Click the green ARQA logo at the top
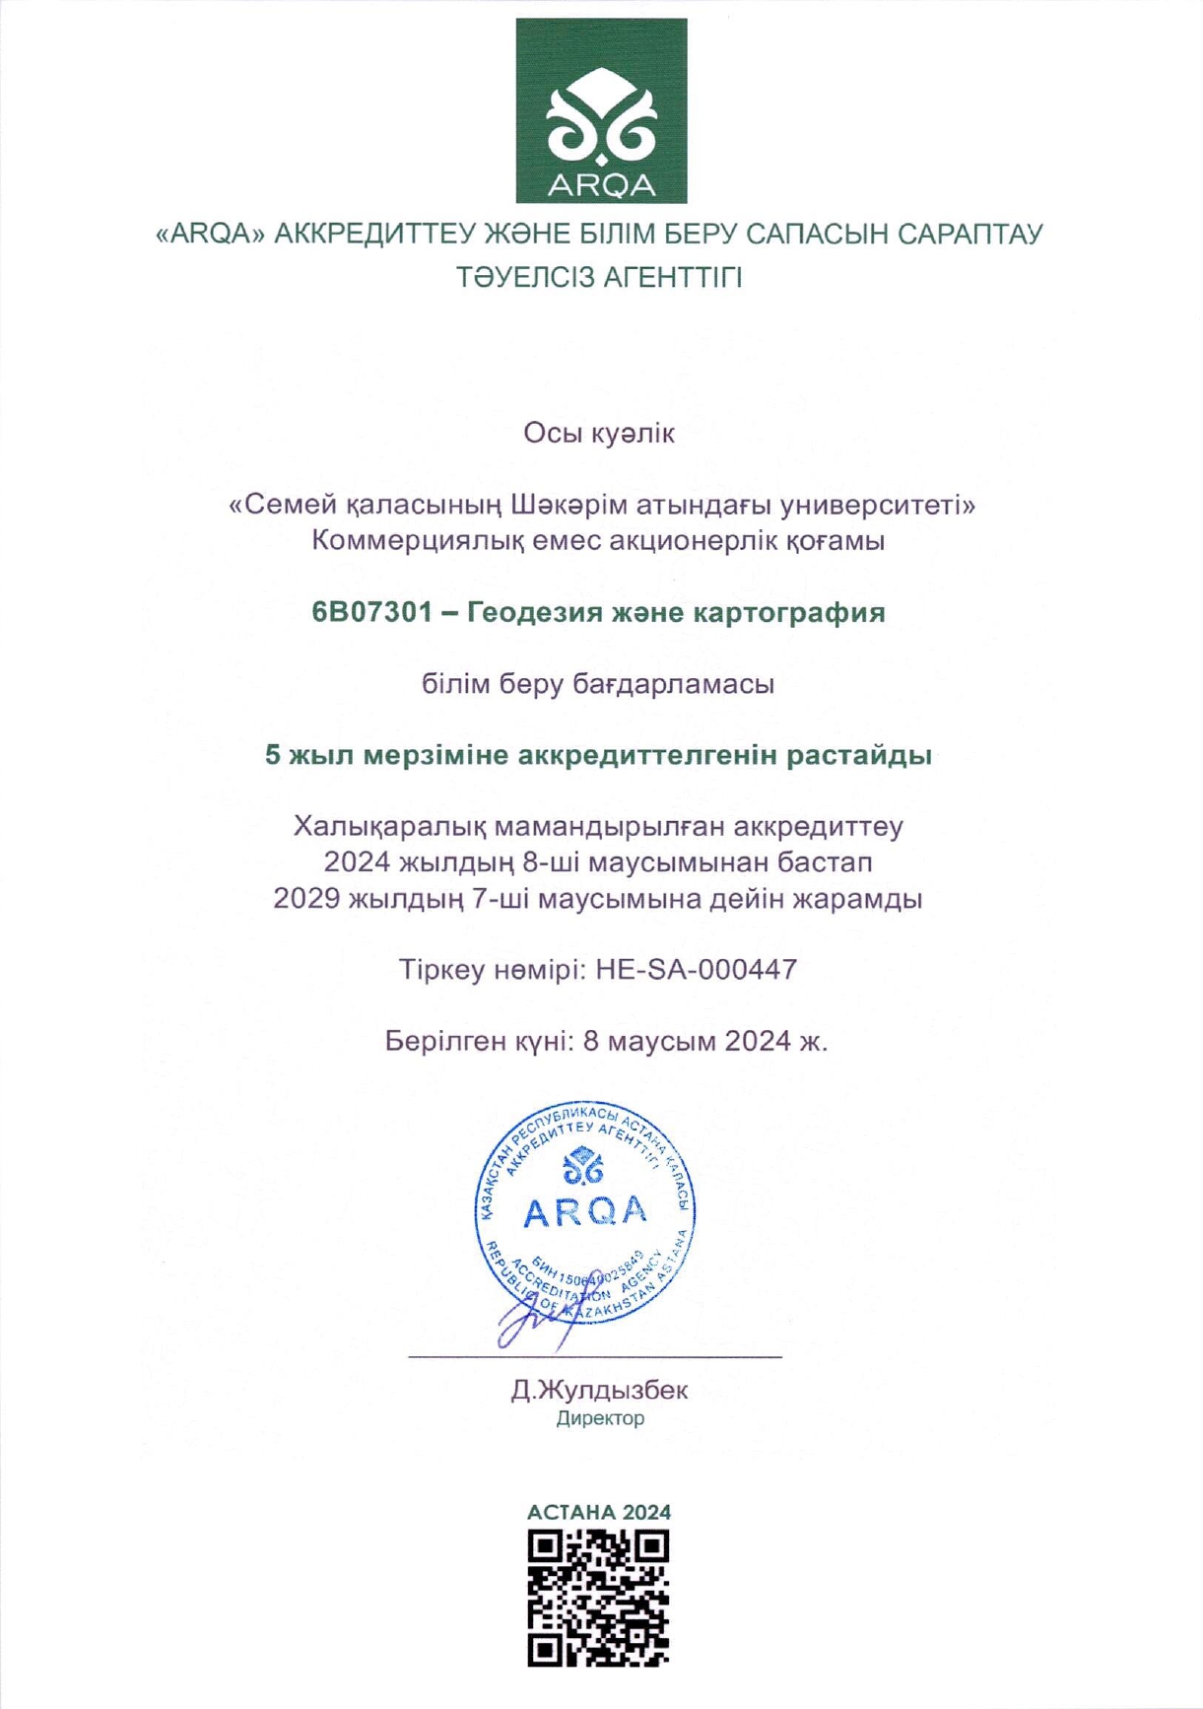601,110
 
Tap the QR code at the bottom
598,1598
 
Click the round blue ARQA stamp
585,1211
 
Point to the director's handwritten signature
537,1316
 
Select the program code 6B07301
371,612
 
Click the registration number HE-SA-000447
696,970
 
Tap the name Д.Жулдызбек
599,1390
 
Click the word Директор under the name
600,1418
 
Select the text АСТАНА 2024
599,1512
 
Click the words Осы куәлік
599,433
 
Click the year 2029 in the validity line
305,899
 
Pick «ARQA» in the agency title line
211,235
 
